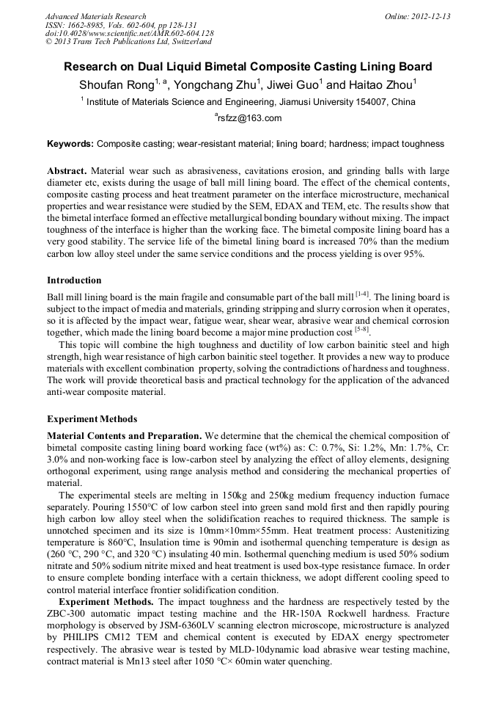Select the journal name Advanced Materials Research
coord(95,16)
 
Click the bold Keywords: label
coord(70,144)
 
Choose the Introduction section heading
coord(74,280)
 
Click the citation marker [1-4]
coord(363,294)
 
